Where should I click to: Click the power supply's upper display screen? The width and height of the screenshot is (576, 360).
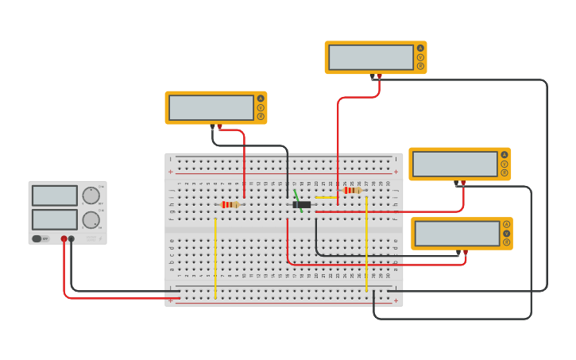[55, 195]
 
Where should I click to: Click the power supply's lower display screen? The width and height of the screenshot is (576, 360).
[55, 219]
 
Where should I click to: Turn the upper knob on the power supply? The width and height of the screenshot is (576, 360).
[91, 195]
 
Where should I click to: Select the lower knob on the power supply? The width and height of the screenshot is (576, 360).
[91, 220]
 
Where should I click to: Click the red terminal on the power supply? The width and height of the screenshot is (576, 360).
[64, 238]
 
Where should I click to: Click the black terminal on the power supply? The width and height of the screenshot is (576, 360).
[72, 238]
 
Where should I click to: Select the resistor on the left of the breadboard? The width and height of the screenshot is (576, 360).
[230, 204]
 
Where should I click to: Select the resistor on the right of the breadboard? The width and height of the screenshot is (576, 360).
[352, 190]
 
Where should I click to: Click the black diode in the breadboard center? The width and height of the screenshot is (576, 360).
[301, 204]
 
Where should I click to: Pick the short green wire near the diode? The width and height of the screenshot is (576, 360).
[297, 196]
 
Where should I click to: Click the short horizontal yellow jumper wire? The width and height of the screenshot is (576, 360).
[326, 197]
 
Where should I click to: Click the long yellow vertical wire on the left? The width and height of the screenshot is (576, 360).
[215, 258]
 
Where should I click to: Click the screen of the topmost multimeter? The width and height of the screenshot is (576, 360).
[371, 57]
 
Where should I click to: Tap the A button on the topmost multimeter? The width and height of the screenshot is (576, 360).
[420, 48]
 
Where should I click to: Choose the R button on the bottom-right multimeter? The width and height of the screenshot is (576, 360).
[506, 242]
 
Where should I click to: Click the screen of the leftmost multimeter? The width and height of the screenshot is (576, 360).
[211, 107]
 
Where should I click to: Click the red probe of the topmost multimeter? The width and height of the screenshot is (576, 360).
[380, 77]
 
